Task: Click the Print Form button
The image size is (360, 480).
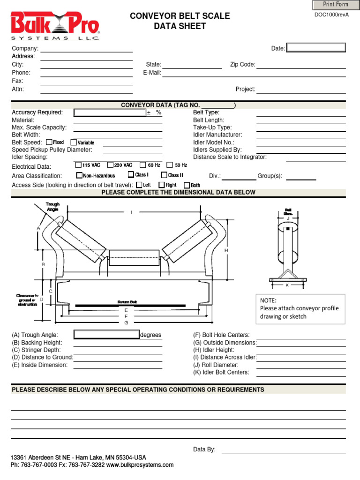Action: pos(336,5)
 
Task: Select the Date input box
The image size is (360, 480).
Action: pos(315,48)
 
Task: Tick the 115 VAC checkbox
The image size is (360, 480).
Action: pos(78,165)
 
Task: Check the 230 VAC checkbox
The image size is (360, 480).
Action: pos(110,165)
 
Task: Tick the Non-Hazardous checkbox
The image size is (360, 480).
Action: pos(79,176)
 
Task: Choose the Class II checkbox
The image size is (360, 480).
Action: pos(164,175)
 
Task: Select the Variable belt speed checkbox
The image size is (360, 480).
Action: pos(74,142)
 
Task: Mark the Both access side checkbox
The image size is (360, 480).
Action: pos(187,185)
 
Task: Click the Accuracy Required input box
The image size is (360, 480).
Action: pos(110,112)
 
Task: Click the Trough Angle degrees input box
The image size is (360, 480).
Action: pos(106,335)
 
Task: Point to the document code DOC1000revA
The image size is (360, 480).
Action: pos(331,15)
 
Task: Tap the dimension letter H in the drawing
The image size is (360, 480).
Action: pos(226,251)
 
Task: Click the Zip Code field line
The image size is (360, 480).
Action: pos(301,66)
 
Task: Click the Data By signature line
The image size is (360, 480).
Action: pos(283,450)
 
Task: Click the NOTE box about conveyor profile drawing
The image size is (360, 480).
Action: pos(300,308)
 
